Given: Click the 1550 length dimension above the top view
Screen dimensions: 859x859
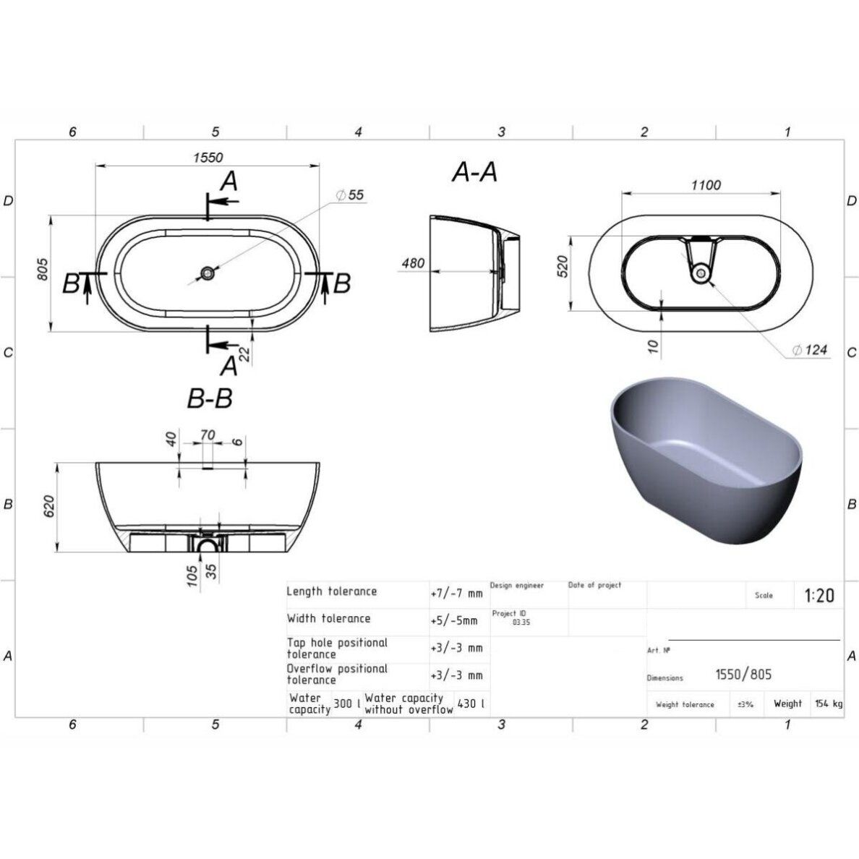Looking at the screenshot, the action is tap(208, 158).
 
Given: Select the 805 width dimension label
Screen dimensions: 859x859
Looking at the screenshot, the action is tap(43, 270).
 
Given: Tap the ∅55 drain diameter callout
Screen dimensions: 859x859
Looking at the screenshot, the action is tap(349, 195).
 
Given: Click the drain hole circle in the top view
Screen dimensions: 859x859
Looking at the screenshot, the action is tap(207, 273).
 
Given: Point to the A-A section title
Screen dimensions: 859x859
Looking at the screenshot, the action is tap(474, 172).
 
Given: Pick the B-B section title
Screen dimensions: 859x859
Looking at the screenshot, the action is tap(210, 398).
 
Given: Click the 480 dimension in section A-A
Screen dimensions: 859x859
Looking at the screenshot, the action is tap(413, 263).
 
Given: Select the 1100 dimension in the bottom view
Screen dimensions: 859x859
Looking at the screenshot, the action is tap(706, 185).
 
